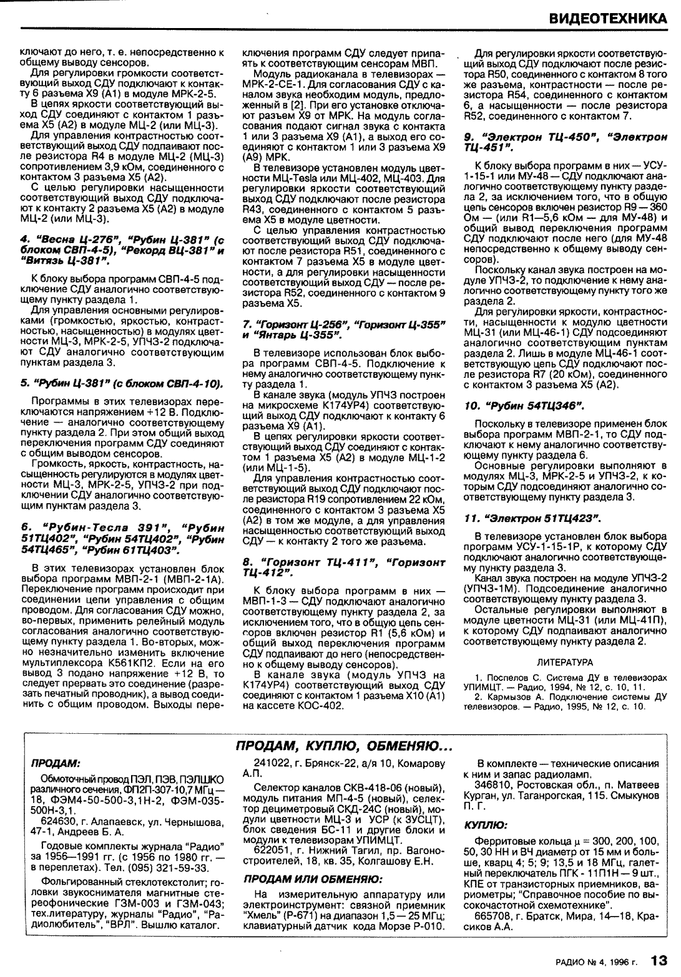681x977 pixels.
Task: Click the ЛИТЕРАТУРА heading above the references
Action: pyautogui.click(x=564, y=662)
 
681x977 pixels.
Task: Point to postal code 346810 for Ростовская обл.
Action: pyautogui.click(x=491, y=785)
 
